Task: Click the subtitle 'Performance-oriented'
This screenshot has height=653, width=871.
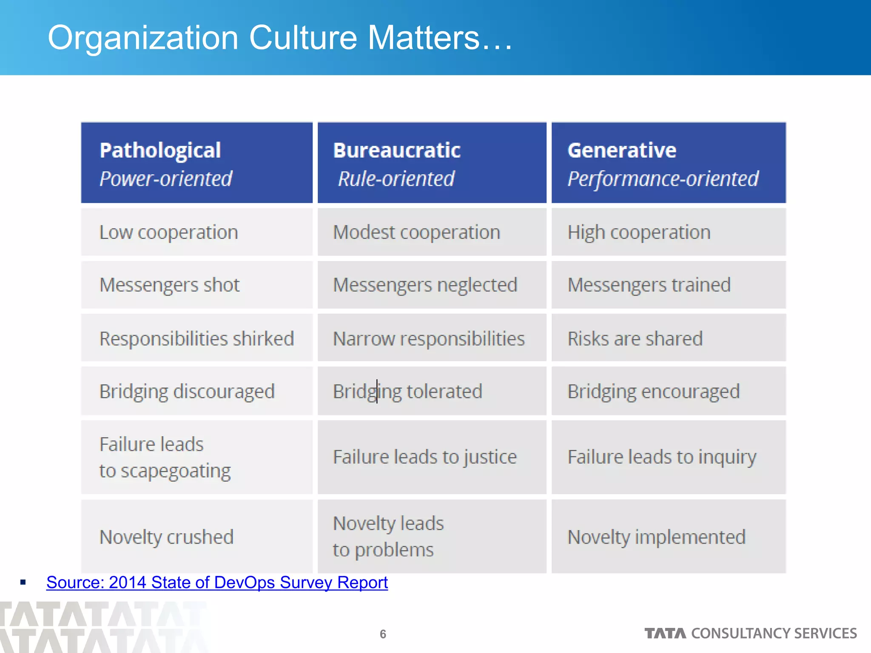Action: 663,179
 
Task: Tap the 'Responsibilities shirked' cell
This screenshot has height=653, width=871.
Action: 196,339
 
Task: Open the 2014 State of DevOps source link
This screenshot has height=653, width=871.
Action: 217,582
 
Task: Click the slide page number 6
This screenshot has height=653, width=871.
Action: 383,634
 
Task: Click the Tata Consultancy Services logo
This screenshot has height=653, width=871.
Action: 750,633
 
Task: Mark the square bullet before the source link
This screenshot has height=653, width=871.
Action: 23,582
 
